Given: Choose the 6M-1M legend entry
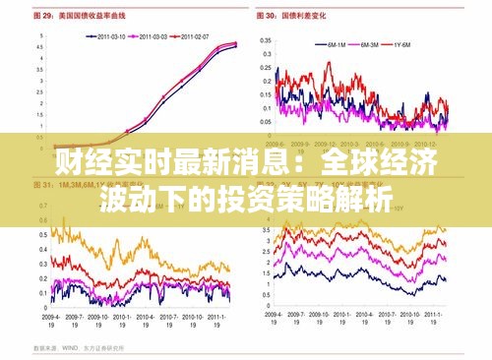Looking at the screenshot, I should (335, 44).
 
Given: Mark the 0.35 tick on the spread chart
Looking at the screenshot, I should (266, 41).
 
